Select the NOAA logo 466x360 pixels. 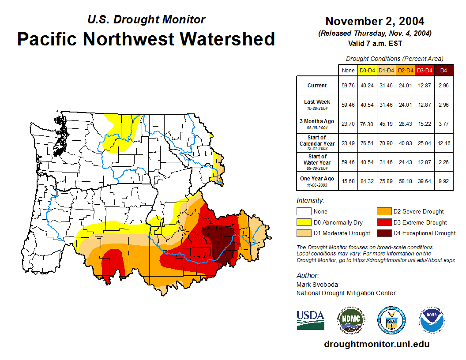coord(432,320)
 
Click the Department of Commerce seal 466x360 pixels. coord(391,320)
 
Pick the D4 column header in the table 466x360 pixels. coord(443,70)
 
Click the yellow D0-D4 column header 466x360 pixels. coord(367,70)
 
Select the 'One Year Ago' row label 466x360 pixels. coord(317,181)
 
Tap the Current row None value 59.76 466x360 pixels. coord(348,86)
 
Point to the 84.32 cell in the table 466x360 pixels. coord(367,181)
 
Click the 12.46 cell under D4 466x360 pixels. coord(443,143)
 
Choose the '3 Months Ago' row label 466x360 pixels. coord(317,124)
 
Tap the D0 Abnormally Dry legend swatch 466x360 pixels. coord(303,222)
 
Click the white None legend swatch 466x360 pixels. coord(303,212)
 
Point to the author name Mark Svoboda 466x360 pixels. coord(317,285)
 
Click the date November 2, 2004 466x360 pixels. coord(375,21)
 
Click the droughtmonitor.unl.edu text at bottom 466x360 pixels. coord(376,344)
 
